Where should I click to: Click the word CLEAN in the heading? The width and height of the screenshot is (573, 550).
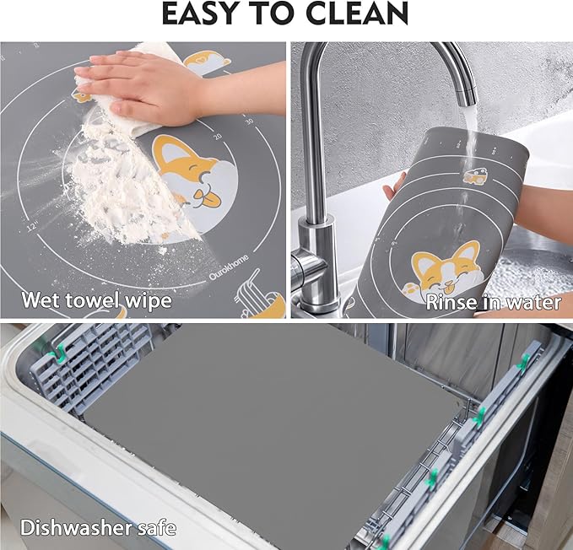tap(355, 14)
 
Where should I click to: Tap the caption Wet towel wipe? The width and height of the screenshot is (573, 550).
tap(96, 299)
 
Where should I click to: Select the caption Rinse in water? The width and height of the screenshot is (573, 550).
tap(493, 302)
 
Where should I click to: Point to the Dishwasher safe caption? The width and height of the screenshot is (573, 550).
tap(99, 528)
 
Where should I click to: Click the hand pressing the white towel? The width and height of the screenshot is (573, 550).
tap(135, 84)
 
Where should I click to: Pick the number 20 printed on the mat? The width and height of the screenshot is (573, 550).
tap(217, 135)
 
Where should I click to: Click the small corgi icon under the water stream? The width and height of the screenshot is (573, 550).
tap(473, 175)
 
